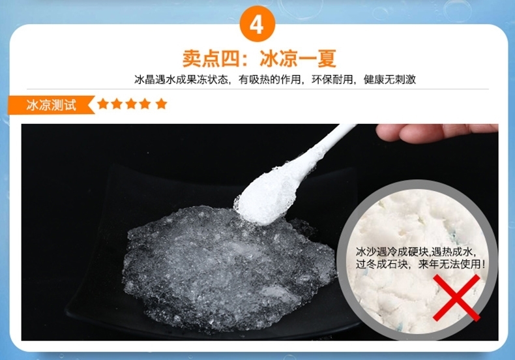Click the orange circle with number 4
[257, 24]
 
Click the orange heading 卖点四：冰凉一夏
[259, 59]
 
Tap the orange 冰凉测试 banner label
[51, 105]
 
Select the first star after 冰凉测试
[103, 104]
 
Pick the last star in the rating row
[161, 104]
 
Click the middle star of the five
[131, 104]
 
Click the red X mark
[456, 297]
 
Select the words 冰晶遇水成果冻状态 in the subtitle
[181, 80]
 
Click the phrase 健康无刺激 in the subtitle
[390, 80]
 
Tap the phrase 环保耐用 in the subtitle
[332, 80]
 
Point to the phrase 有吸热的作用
[270, 80]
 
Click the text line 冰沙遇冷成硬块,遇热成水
[416, 252]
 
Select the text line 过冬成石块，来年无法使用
[420, 263]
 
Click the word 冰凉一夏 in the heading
[298, 59]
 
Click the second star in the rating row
[117, 104]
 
